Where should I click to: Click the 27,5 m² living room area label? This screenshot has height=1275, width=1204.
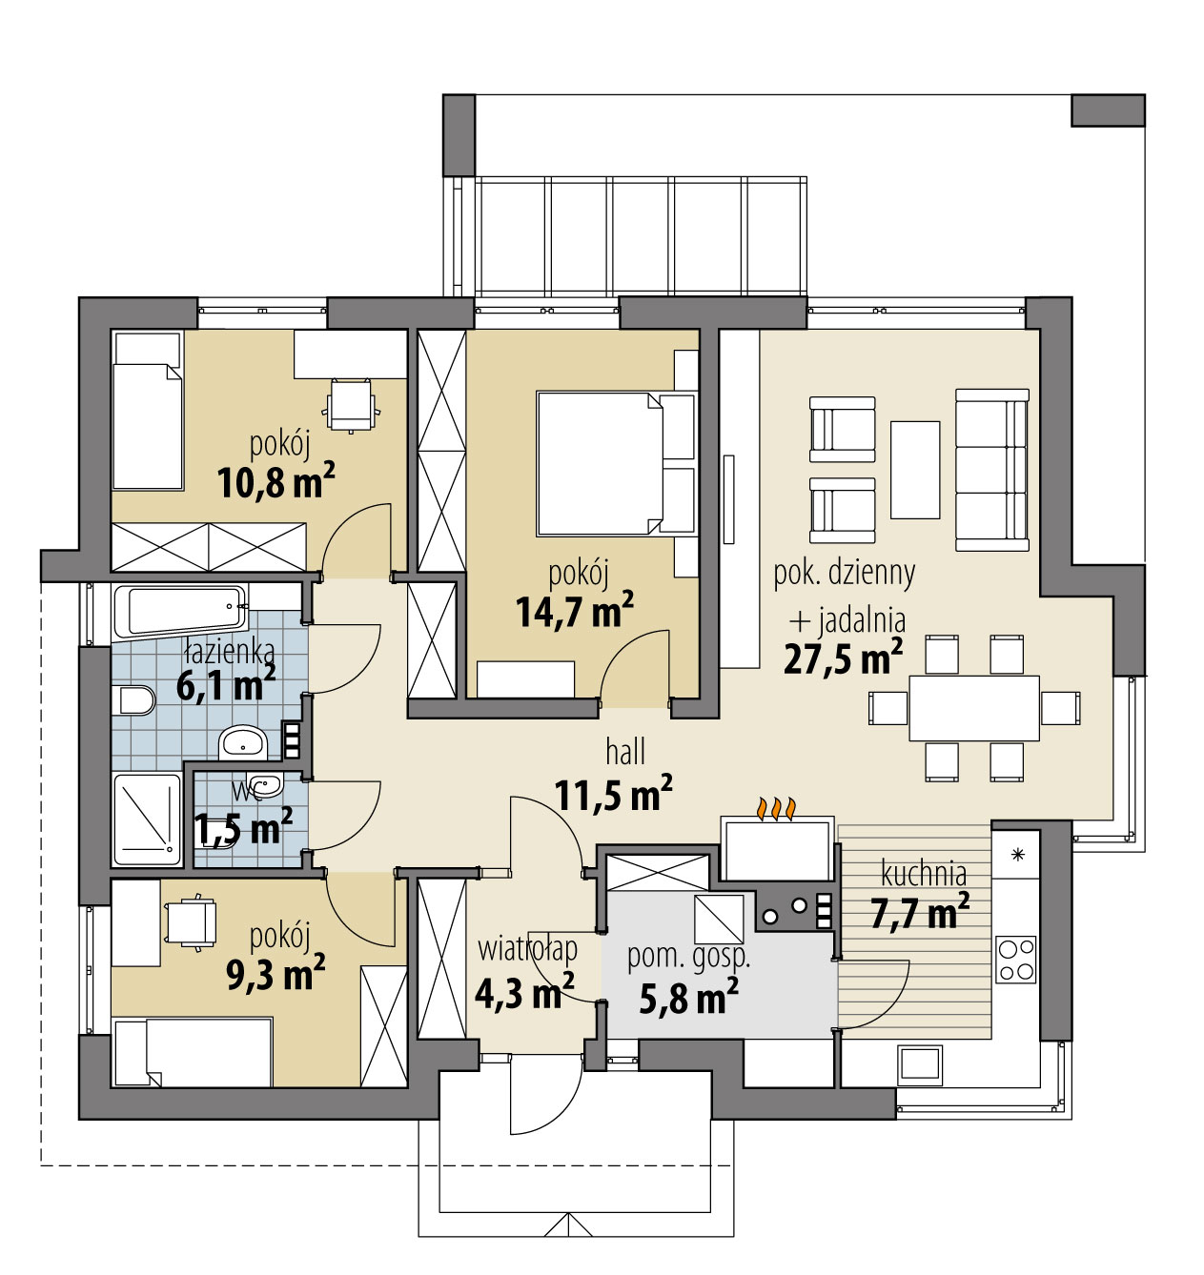pos(843,657)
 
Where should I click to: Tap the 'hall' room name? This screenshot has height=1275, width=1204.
pos(625,752)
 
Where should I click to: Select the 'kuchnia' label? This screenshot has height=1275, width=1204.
pos(924,874)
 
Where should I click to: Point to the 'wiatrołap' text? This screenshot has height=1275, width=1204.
pos(527,949)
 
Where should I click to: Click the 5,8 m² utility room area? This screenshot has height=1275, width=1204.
pos(688,998)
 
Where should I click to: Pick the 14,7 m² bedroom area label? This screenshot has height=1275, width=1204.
pos(575,611)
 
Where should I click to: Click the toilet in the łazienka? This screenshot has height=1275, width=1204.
pos(133,700)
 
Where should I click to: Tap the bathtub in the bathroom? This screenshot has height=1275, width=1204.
pos(179,610)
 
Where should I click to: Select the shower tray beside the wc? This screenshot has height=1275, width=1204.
pos(147,820)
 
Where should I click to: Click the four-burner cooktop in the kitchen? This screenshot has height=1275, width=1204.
pos(1016,960)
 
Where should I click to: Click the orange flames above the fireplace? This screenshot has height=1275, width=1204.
pos(777,809)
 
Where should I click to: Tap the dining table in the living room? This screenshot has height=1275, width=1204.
pos(974,708)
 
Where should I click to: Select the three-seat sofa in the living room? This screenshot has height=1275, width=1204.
pos(992,470)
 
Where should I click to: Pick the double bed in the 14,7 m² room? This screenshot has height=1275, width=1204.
pos(617,463)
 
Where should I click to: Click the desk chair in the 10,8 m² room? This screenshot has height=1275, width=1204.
pos(351,404)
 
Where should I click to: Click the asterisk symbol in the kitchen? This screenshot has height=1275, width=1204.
pos(1017,855)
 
